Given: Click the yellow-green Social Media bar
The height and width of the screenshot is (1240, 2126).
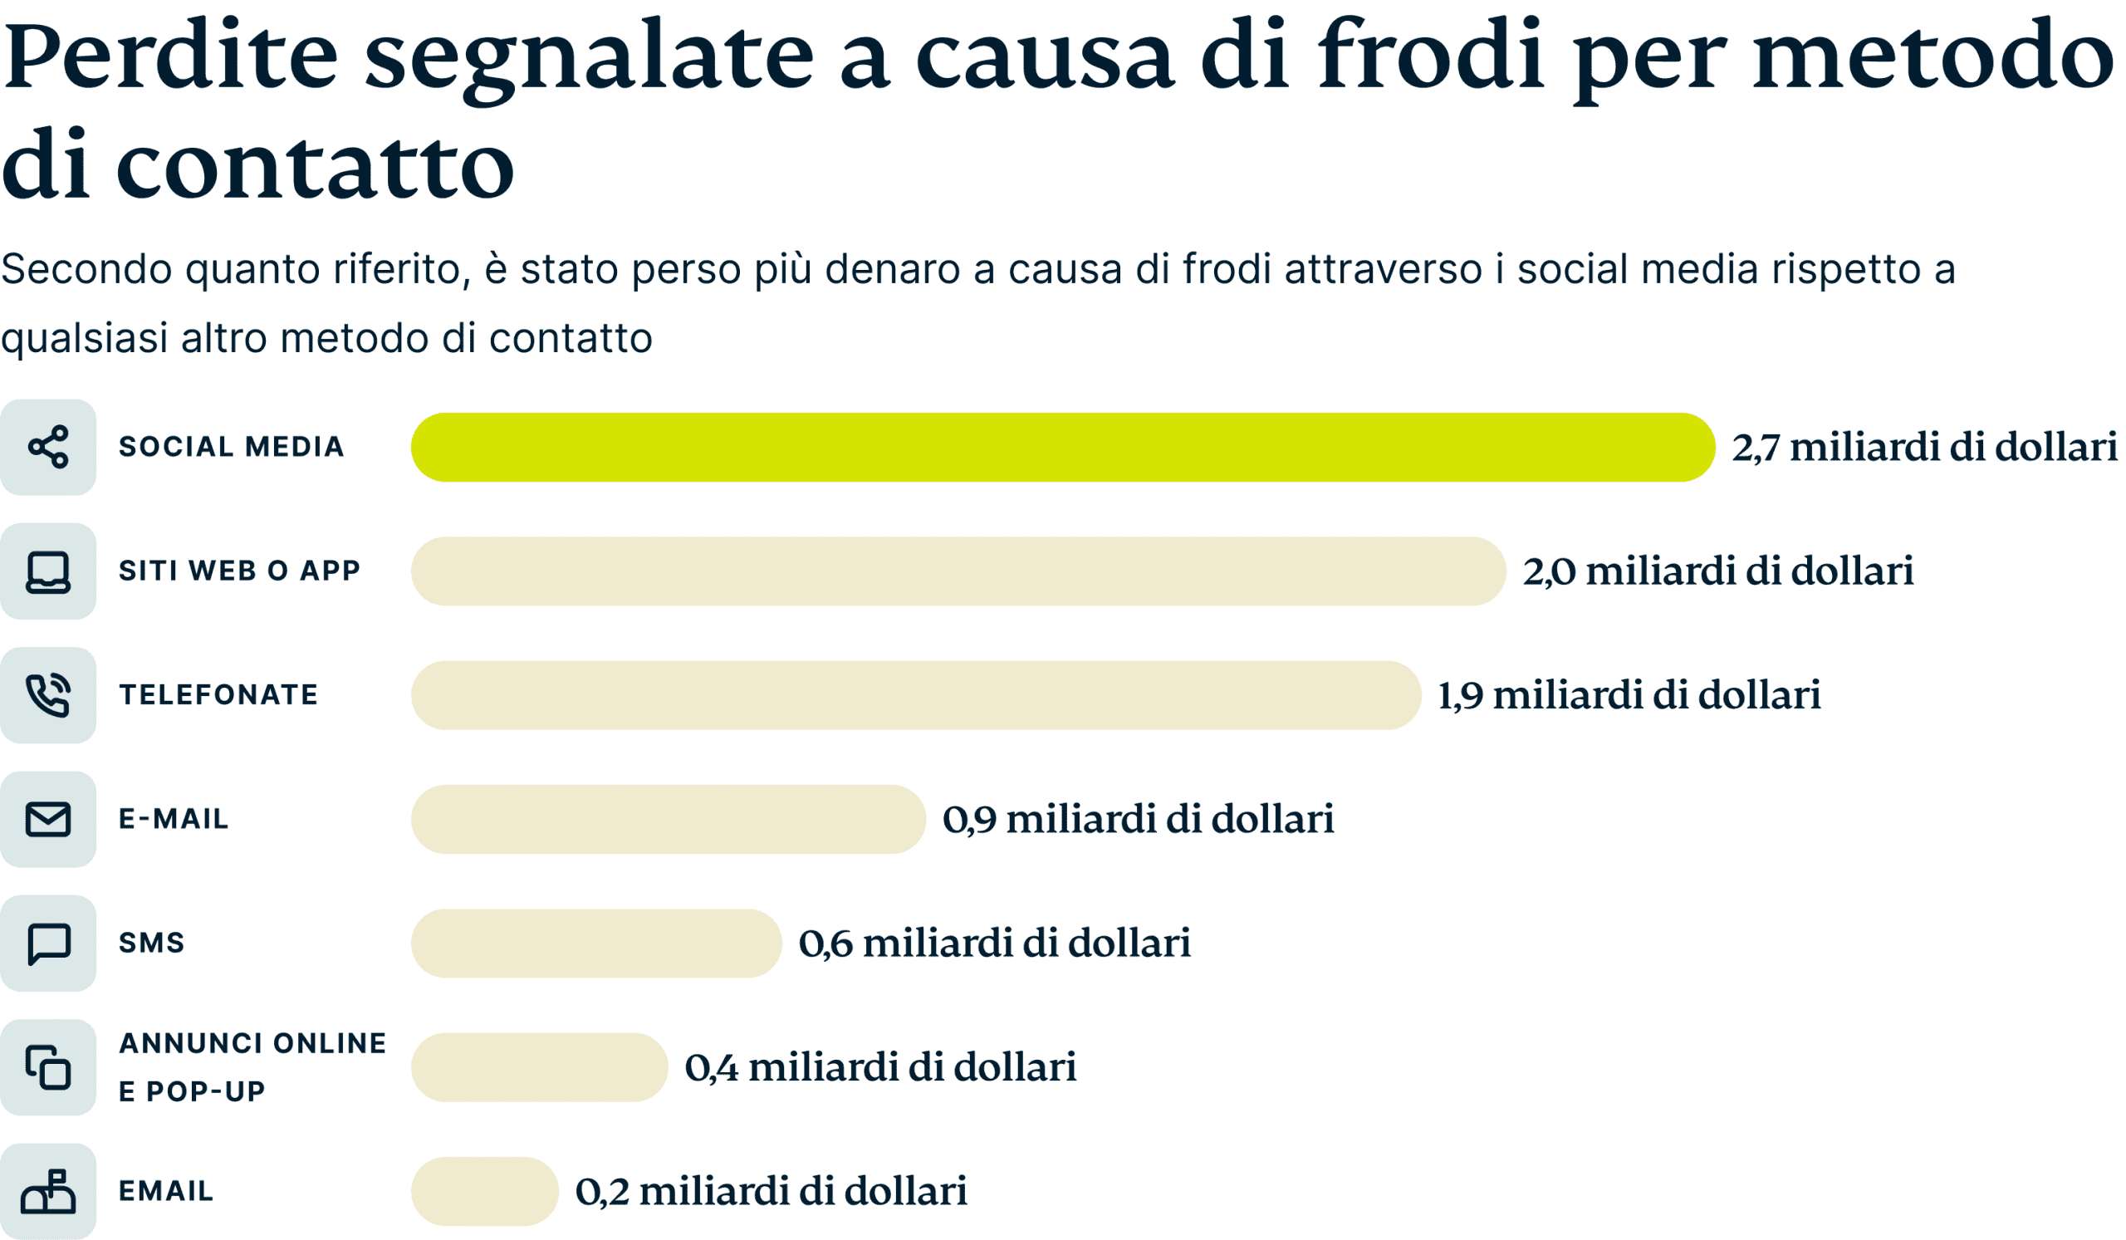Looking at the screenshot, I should pos(1062,447).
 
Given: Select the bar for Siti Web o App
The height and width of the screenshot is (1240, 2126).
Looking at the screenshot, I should pos(958,571).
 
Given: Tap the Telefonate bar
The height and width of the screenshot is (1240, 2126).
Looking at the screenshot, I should pos(915,695).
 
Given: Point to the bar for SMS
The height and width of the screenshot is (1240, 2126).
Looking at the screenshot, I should pos(595,943).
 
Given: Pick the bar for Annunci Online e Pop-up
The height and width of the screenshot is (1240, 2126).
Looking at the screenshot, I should pos(539,1067).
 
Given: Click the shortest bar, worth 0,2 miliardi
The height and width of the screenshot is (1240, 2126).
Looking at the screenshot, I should pos(484,1191).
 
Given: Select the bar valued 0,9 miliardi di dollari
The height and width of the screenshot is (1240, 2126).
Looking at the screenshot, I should pos(668,819).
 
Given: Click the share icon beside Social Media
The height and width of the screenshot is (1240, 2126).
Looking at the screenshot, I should pos(48,447).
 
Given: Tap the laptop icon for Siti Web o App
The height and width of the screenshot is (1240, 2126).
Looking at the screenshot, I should pos(48,572).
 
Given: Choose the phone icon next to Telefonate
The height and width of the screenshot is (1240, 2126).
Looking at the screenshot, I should pos(48,695).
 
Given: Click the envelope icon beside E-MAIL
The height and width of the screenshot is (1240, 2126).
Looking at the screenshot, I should pos(48,819).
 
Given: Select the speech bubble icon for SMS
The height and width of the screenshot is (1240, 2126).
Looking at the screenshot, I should pos(48,943).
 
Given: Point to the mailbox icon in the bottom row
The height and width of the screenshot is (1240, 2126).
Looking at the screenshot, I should pos(48,1191).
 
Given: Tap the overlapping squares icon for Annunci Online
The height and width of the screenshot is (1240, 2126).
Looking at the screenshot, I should pos(48,1067).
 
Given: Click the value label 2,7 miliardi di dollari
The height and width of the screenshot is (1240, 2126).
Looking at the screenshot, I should pos(1923,447).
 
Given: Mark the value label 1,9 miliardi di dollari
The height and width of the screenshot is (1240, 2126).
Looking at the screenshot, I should pos(1629,695).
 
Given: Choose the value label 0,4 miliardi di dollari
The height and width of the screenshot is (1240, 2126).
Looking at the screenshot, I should pos(880,1067).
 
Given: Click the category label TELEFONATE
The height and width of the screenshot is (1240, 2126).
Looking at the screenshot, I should pos(218,695).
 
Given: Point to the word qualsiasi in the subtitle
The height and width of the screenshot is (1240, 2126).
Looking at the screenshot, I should pos(85,339).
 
